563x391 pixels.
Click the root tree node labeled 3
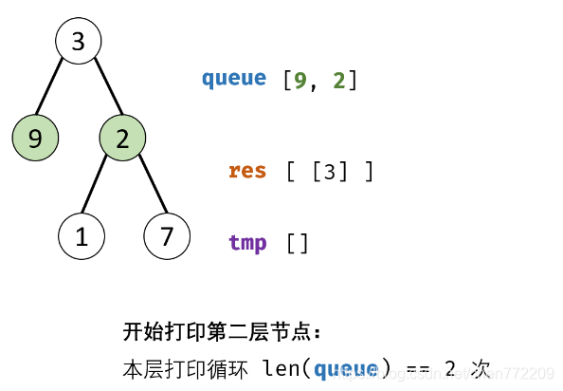coord(78,41)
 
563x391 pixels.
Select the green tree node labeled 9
coord(35,139)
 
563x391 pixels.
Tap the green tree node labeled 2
coord(122,139)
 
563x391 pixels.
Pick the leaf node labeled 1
coord(82,236)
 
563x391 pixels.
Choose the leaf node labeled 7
coord(168,236)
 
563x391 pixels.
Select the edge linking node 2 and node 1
coord(100,188)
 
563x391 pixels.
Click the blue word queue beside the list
coord(233,79)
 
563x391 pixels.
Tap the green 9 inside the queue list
coord(300,81)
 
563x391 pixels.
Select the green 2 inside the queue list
coord(338,81)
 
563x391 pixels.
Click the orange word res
coord(247,172)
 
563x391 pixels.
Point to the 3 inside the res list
coord(329,173)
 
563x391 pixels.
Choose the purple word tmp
coord(247,242)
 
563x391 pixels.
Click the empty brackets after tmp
coord(298,243)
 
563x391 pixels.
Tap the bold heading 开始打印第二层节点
coord(222,332)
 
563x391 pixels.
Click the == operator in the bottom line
coord(417,368)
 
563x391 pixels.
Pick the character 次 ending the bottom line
coord(481,368)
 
